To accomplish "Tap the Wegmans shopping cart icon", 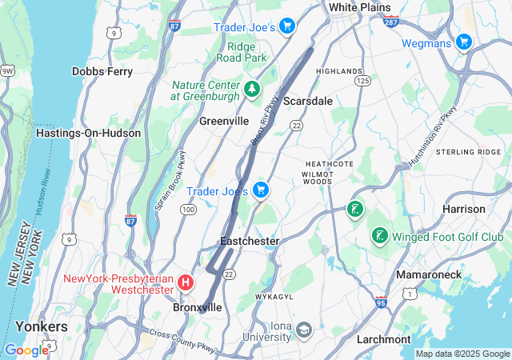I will (x=463, y=42).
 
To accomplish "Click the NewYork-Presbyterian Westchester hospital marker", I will (x=186, y=282).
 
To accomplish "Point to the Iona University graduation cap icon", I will (x=304, y=329).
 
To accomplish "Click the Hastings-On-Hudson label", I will (x=88, y=134).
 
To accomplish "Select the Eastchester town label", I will (x=250, y=241).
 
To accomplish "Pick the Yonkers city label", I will (x=41, y=326).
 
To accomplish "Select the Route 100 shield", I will (x=188, y=210).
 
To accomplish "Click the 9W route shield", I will (x=7, y=71).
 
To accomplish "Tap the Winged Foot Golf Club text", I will (x=448, y=237).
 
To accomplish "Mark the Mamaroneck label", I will (x=429, y=274).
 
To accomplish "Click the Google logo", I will (x=26, y=350).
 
